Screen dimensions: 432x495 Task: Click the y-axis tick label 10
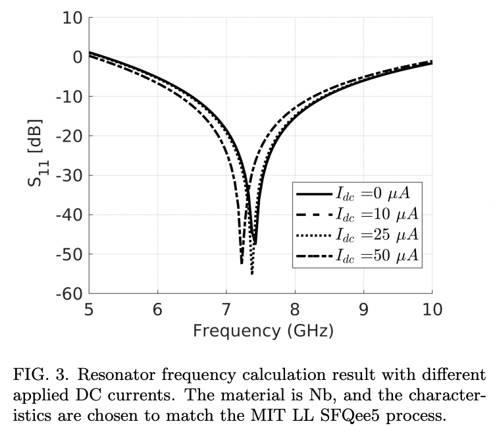click(70, 18)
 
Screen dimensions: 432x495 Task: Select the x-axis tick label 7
click(226, 310)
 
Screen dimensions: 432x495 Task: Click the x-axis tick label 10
click(432, 310)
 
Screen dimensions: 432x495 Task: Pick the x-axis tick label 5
click(89, 310)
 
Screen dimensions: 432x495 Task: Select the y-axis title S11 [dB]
click(37, 153)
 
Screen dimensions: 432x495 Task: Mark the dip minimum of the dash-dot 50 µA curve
click(242, 263)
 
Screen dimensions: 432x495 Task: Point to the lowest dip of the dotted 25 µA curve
click(251, 273)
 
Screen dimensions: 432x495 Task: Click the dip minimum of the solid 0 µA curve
click(255, 244)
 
